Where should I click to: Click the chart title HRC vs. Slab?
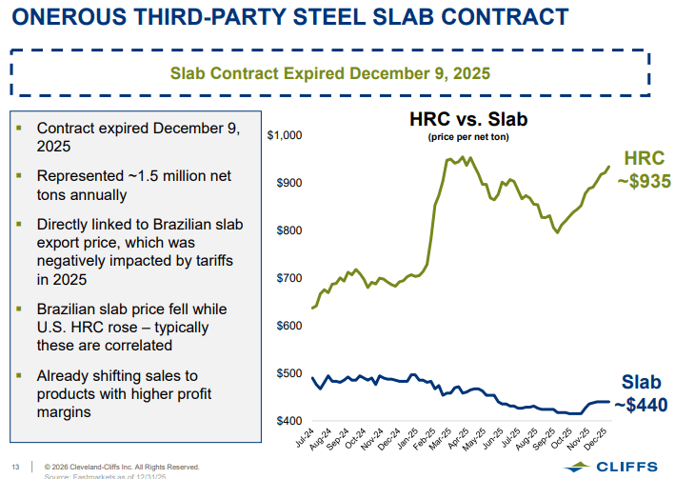467,121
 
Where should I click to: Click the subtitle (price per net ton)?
467,137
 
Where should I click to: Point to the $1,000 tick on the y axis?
285,135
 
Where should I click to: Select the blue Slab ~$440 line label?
640,393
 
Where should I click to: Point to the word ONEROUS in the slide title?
71,15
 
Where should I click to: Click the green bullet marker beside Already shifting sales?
19,374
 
